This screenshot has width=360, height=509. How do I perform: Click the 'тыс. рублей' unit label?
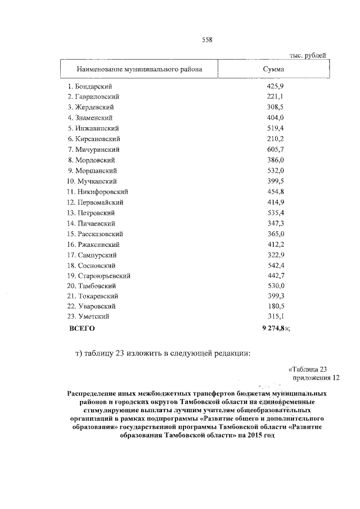click(308, 56)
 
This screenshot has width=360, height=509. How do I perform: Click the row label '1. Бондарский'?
click(89, 86)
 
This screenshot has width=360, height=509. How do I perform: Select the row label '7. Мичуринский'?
click(93, 150)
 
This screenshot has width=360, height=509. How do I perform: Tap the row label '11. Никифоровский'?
click(97, 192)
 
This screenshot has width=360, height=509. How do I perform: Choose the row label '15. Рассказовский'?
click(95, 234)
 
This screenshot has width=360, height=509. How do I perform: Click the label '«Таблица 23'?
click(308, 370)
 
